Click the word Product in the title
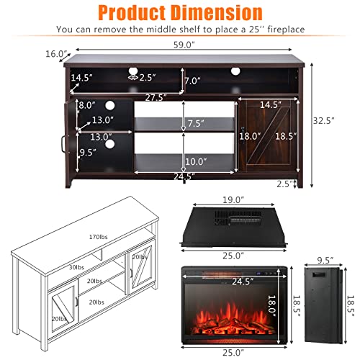(134, 12)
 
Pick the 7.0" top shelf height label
(192, 81)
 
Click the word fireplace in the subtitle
(276, 30)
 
